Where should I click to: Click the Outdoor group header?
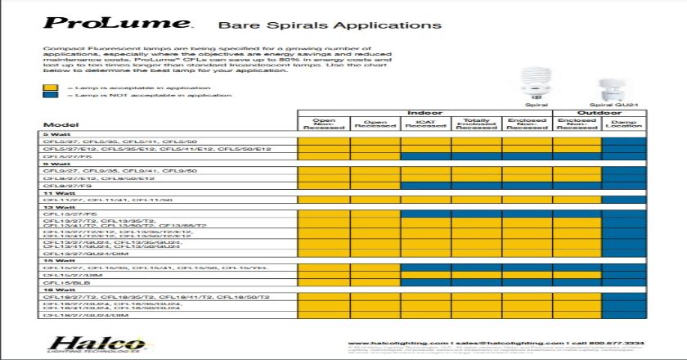tap(601, 112)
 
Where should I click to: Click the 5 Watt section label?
tap(56, 134)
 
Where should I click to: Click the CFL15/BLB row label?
tap(62, 283)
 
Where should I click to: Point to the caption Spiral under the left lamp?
tap(537, 105)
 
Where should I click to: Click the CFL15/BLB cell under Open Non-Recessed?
tap(325, 283)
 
